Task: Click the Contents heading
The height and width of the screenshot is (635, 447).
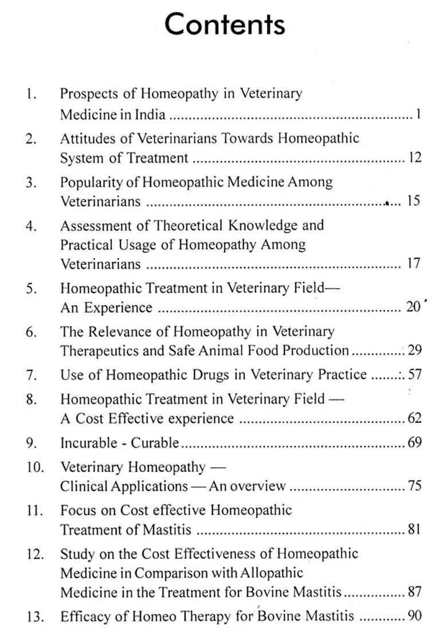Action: tap(225, 25)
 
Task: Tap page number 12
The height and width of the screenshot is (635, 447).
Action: tap(415, 158)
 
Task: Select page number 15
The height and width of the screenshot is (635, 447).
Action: tap(413, 201)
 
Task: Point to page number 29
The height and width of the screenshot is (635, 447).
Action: tap(415, 350)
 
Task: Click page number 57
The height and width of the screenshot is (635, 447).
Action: tap(415, 375)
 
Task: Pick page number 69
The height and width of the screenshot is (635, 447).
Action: tap(415, 443)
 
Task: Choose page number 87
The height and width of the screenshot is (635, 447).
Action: tap(415, 592)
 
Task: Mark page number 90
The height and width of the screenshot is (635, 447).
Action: tap(415, 617)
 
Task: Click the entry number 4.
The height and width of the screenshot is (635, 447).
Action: tap(31, 226)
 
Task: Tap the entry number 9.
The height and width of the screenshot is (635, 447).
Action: tap(31, 443)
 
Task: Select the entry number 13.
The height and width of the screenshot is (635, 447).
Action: tap(34, 617)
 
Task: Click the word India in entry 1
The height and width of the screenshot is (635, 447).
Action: tap(150, 115)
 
